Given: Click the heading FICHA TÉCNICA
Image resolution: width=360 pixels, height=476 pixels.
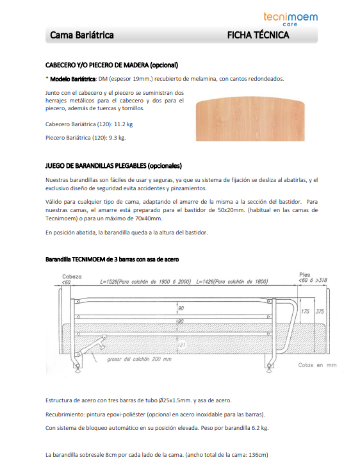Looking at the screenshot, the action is pyautogui.click(x=258, y=35).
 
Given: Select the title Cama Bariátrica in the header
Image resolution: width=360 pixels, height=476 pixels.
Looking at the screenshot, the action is pyautogui.click(x=82, y=35).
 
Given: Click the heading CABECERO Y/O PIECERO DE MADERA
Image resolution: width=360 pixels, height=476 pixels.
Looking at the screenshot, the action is pyautogui.click(x=111, y=65).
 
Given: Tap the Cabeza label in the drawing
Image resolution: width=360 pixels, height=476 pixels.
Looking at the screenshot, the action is pyautogui.click(x=71, y=276).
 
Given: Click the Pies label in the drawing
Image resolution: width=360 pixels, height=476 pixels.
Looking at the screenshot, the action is pyautogui.click(x=305, y=275).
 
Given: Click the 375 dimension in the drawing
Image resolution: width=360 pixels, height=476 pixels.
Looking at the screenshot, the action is pyautogui.click(x=320, y=312).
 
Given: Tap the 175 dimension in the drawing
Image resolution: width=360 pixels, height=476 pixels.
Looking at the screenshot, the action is pyautogui.click(x=306, y=312).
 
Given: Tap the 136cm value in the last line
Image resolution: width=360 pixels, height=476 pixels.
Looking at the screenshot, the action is pyautogui.click(x=254, y=455).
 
